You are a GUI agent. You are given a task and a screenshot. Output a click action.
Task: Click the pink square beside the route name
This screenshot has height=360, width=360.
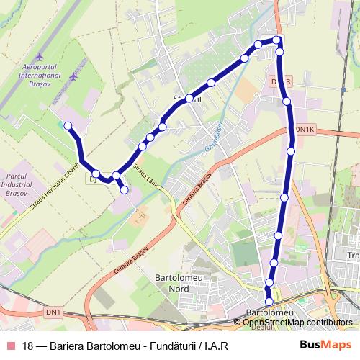[x=11, y=346]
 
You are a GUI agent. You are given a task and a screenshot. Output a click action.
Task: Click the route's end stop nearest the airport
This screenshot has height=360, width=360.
[x=68, y=126]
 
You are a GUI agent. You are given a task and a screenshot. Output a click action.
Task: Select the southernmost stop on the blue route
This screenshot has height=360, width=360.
[x=269, y=302]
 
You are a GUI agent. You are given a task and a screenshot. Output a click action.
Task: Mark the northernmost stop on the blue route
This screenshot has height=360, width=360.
[x=276, y=40]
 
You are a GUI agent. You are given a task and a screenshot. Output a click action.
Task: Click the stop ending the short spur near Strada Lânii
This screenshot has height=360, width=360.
[x=125, y=190]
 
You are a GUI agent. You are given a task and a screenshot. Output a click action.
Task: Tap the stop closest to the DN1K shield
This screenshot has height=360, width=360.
[x=291, y=151]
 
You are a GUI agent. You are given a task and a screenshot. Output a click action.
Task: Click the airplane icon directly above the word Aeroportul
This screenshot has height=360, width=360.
[x=39, y=55]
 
